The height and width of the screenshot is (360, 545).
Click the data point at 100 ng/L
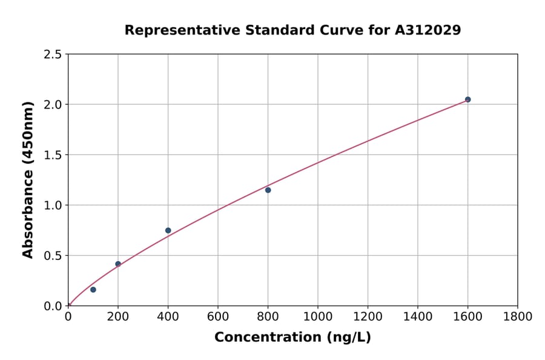coord(93,290)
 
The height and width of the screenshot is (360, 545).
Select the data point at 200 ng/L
coord(118,264)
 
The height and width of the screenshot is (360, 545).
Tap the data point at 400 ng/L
coord(168,230)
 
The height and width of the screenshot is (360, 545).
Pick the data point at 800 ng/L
coord(268,190)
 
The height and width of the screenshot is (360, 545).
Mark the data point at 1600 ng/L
coord(467,99)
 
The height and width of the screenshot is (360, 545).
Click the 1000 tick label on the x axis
coord(318,316)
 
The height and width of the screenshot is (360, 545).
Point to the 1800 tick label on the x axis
coord(517,316)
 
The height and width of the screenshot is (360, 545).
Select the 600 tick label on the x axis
coord(218,316)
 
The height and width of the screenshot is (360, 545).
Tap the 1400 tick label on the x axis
coord(418,316)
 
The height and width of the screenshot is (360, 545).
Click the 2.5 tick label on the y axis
coord(53,55)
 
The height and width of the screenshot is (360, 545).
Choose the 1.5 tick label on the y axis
coord(53,155)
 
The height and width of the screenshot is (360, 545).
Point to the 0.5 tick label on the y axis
coord(53,256)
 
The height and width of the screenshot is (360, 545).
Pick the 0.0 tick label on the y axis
coord(53,306)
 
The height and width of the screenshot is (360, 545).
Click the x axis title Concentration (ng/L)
coord(292,338)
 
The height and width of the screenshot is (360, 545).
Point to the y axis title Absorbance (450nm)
coord(28,180)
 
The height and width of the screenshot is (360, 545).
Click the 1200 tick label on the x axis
coord(368,316)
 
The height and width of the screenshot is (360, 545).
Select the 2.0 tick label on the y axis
coord(53,105)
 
